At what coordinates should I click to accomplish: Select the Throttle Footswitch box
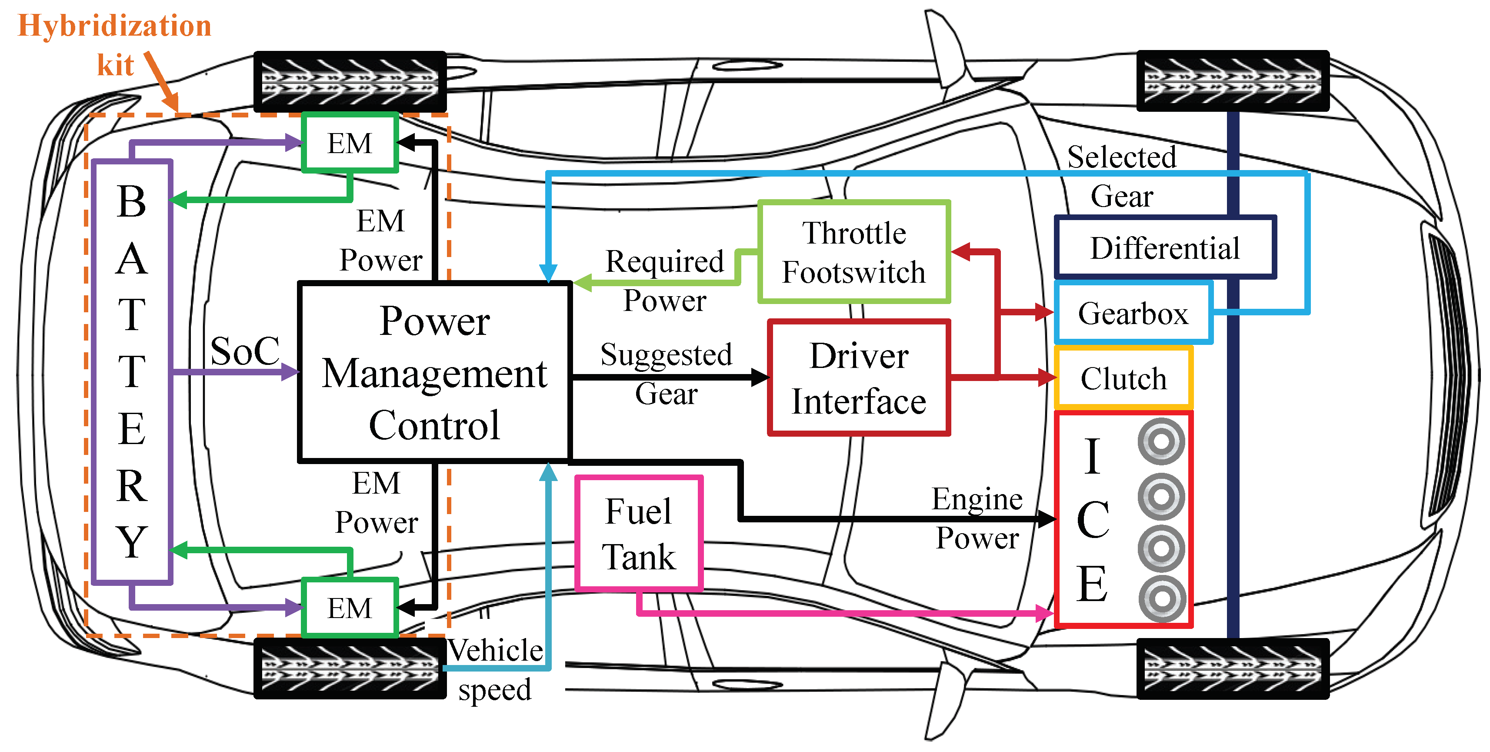point(854,252)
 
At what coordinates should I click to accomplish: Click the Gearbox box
point(1133,314)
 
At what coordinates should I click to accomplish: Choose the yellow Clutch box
point(1123,379)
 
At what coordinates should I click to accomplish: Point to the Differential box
point(1165,247)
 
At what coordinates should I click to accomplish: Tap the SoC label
point(245,351)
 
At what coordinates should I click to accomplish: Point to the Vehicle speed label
point(495,669)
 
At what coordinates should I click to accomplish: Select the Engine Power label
point(977,518)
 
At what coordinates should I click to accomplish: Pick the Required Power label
point(665,281)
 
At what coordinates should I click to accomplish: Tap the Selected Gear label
point(1121,176)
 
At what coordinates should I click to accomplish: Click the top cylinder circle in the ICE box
point(1161,442)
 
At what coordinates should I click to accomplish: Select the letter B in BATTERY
point(131,202)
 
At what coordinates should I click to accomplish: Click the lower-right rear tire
point(1233,668)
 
